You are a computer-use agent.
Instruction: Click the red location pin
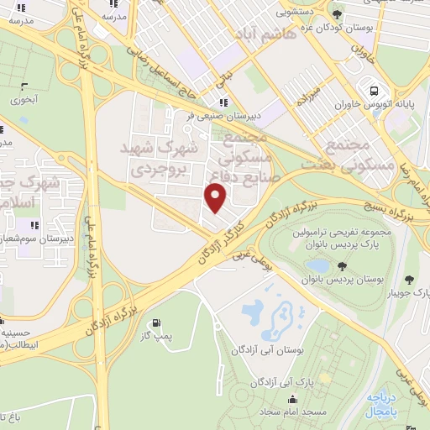(x=216, y=198)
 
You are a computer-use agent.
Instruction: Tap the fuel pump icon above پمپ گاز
(x=155, y=322)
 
